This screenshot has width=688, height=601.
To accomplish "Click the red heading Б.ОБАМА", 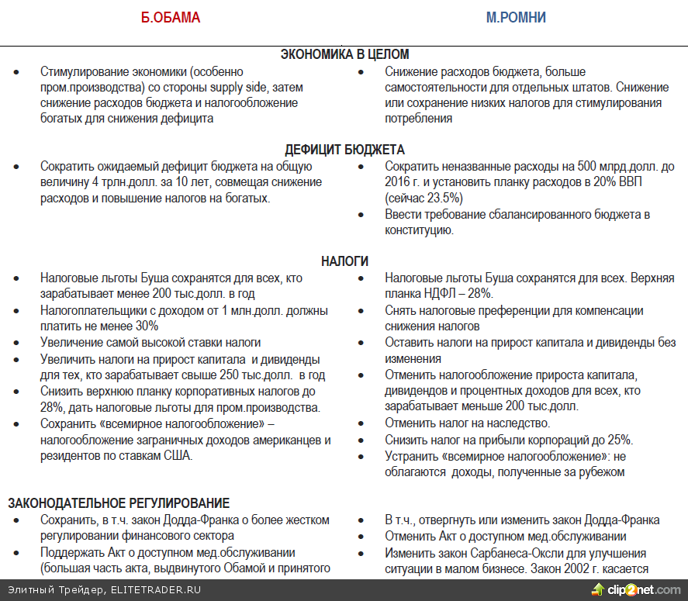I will click(x=170, y=18).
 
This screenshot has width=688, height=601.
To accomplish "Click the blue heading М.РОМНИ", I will click(x=516, y=18).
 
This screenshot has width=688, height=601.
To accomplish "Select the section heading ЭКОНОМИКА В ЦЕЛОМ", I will click(x=344, y=54).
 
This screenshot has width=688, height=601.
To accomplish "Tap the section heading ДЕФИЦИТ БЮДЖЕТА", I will click(x=344, y=150).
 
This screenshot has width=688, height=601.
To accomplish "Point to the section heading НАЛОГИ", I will click(x=344, y=261).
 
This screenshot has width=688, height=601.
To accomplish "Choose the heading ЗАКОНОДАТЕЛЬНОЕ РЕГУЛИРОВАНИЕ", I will click(x=119, y=503).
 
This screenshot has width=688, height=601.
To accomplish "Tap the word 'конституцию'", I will click(x=419, y=230).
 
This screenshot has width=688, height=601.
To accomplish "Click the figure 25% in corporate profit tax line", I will click(x=620, y=439).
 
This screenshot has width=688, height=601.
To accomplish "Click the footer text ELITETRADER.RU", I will click(x=155, y=590).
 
